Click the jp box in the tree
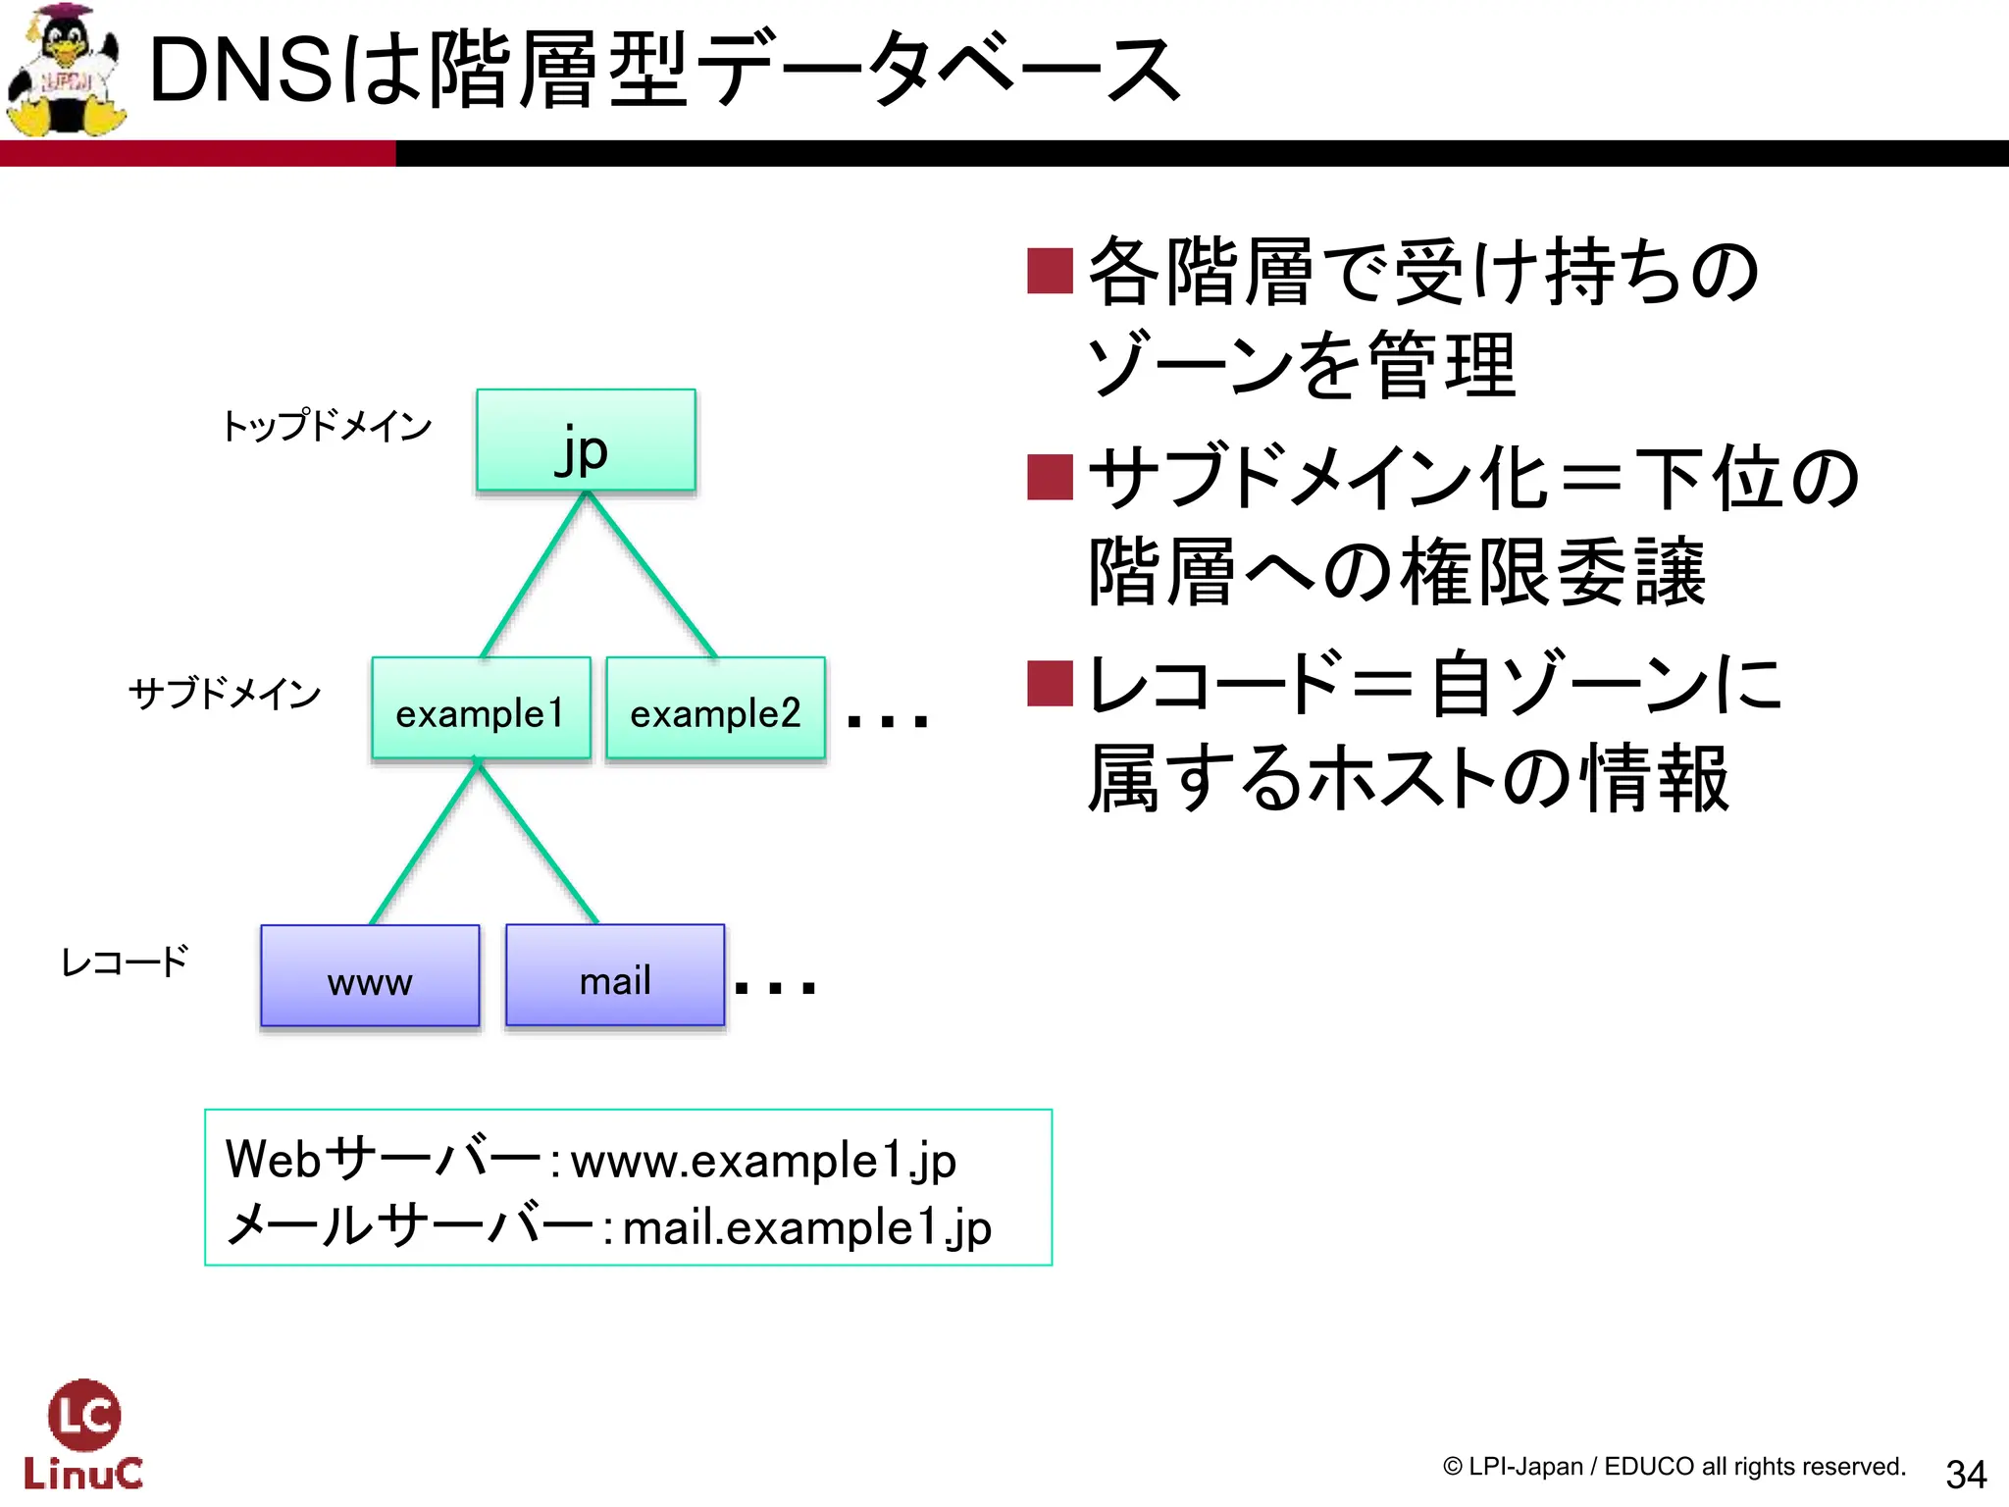(586, 441)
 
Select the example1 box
(481, 708)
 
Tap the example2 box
(715, 708)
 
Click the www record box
(370, 975)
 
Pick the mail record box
(615, 975)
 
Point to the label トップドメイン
(327, 426)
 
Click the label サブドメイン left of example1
(225, 693)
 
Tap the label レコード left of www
(125, 961)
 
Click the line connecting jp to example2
(652, 575)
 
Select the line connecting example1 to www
(424, 844)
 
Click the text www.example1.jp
(763, 1162)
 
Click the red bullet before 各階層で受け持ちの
(1050, 271)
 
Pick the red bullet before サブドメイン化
(1050, 478)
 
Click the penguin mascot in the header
(67, 71)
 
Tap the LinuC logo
(83, 1434)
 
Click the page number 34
(1966, 1473)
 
